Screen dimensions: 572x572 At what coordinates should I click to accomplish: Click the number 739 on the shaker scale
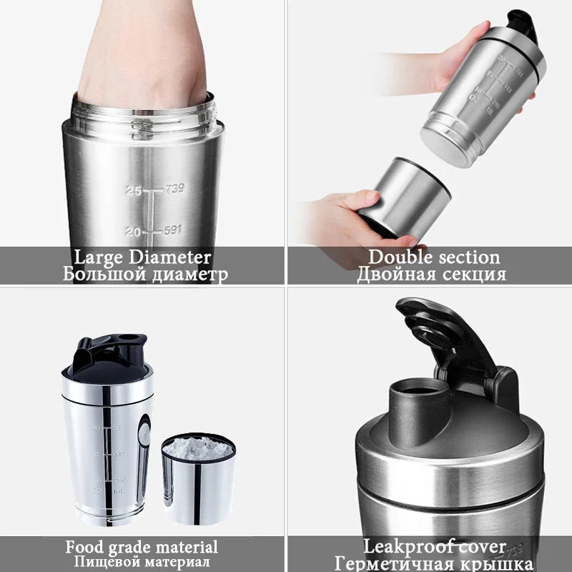coord(174,189)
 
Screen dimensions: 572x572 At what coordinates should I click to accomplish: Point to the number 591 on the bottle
coord(172,230)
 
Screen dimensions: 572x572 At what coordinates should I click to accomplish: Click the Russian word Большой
coord(104,275)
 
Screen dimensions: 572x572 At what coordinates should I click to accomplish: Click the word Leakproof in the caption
coord(408,548)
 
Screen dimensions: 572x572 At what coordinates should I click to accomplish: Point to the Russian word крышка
coord(496,563)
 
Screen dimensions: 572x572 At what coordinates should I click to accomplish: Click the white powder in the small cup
coord(198,449)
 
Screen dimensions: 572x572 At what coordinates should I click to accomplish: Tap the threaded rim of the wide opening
coord(143,114)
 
